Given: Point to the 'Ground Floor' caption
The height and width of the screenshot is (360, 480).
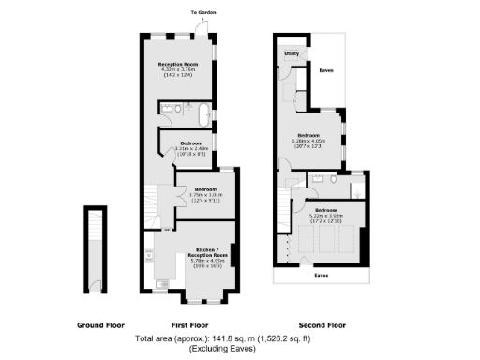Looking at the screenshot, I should pos(100,324).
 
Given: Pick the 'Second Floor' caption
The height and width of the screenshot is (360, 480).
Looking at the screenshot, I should pos(322,324).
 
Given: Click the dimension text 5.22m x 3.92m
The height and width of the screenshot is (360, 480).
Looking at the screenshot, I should pos(326,215).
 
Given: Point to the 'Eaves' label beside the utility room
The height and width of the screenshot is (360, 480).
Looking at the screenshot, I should pos(326,70).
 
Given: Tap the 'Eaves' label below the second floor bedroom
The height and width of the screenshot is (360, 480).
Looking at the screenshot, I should pos(321,276).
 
